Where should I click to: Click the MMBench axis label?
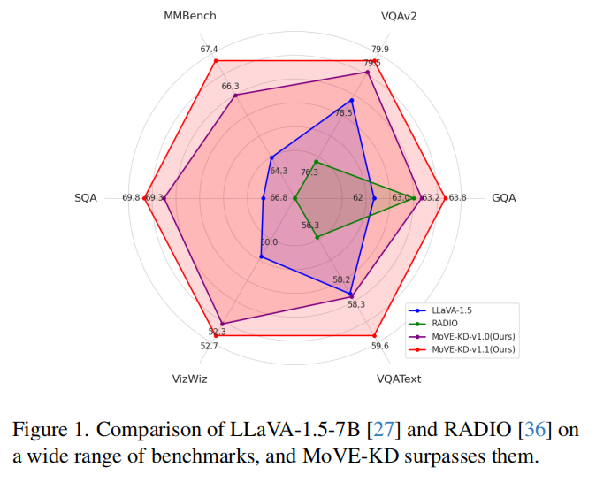click(x=190, y=16)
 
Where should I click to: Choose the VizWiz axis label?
click(x=190, y=379)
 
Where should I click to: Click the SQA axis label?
click(x=86, y=198)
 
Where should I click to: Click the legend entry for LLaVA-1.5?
click(x=452, y=310)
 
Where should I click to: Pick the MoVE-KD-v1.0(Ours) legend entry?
click(x=473, y=337)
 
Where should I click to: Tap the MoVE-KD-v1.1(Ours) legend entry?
click(x=473, y=350)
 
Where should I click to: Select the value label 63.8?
click(x=457, y=198)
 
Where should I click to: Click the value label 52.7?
click(x=209, y=347)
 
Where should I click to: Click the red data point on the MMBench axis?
click(x=215, y=60)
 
